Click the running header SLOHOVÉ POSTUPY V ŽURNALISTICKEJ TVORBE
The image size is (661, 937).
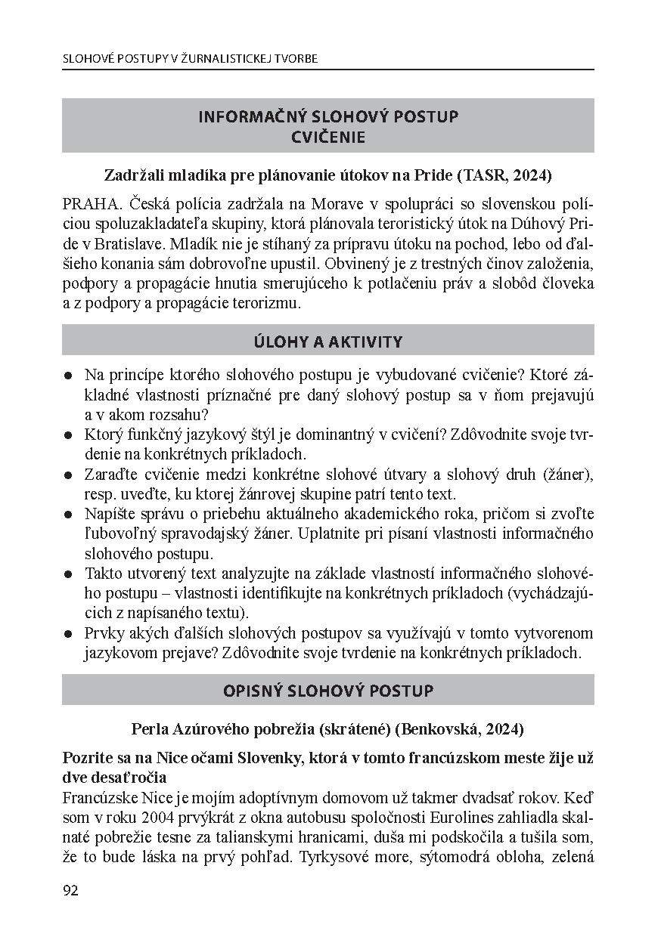coord(190,58)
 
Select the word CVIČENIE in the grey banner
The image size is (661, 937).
coord(327,137)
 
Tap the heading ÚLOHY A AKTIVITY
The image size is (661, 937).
coord(327,342)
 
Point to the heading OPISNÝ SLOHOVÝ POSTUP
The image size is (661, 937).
coord(327,691)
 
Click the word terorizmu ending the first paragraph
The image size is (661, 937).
coord(268,303)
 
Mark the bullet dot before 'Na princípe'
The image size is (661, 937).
coord(69,376)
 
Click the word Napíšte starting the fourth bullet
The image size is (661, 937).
coord(109,513)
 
